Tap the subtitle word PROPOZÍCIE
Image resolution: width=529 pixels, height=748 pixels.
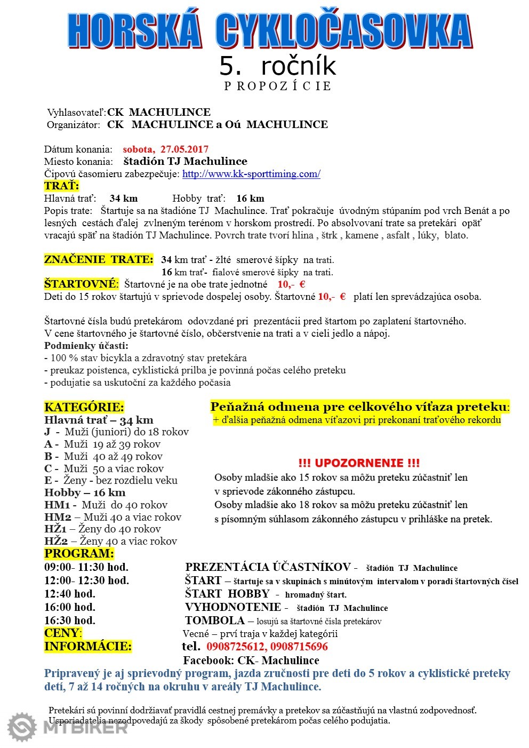click(277, 86)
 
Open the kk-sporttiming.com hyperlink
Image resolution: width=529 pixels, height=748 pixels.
click(251, 174)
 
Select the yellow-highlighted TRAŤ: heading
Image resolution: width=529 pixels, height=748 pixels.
click(61, 186)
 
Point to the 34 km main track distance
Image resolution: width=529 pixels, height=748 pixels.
click(123, 198)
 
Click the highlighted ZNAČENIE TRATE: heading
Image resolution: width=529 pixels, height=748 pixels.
click(99, 260)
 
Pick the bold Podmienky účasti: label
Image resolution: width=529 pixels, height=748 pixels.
click(86, 346)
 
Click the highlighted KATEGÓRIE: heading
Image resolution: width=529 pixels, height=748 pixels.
click(84, 407)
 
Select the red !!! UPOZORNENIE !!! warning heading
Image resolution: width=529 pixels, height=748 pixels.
click(359, 463)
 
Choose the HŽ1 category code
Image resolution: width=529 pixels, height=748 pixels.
click(55, 529)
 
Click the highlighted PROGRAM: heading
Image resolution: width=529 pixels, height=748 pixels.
click(79, 554)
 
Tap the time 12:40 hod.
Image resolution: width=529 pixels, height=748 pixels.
click(70, 594)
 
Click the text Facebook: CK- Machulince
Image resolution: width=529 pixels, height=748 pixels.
click(251, 661)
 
